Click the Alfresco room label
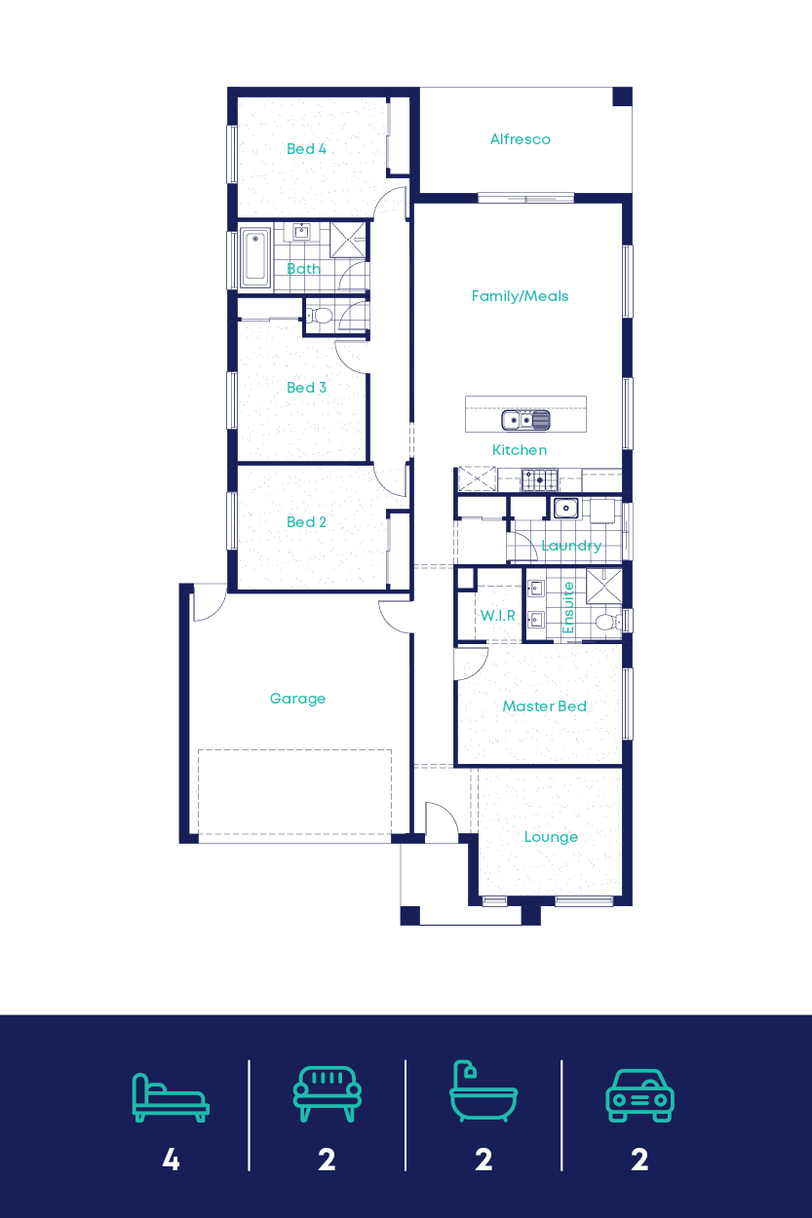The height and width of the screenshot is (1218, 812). [x=520, y=139]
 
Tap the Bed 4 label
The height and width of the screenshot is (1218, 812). [x=306, y=149]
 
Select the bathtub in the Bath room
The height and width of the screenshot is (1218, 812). [x=255, y=258]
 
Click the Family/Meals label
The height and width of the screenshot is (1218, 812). [x=520, y=296]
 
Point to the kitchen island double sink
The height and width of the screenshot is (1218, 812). [x=525, y=420]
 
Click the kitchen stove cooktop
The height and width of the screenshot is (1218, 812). [x=539, y=479]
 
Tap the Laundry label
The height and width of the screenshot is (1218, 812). [x=570, y=546]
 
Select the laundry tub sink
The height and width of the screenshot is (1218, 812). [x=565, y=508]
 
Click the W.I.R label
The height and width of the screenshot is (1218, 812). [x=497, y=616]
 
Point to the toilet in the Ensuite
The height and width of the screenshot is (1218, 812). [x=605, y=622]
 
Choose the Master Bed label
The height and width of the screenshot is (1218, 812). [x=544, y=706]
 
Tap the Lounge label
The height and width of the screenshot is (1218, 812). [x=551, y=837]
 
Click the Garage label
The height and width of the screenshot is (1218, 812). [x=297, y=699]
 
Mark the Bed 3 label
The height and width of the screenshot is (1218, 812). [x=306, y=388]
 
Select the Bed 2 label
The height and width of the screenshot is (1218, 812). [x=306, y=522]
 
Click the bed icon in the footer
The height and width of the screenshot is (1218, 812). [x=171, y=1097]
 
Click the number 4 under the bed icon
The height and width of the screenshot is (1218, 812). [x=171, y=1160]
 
